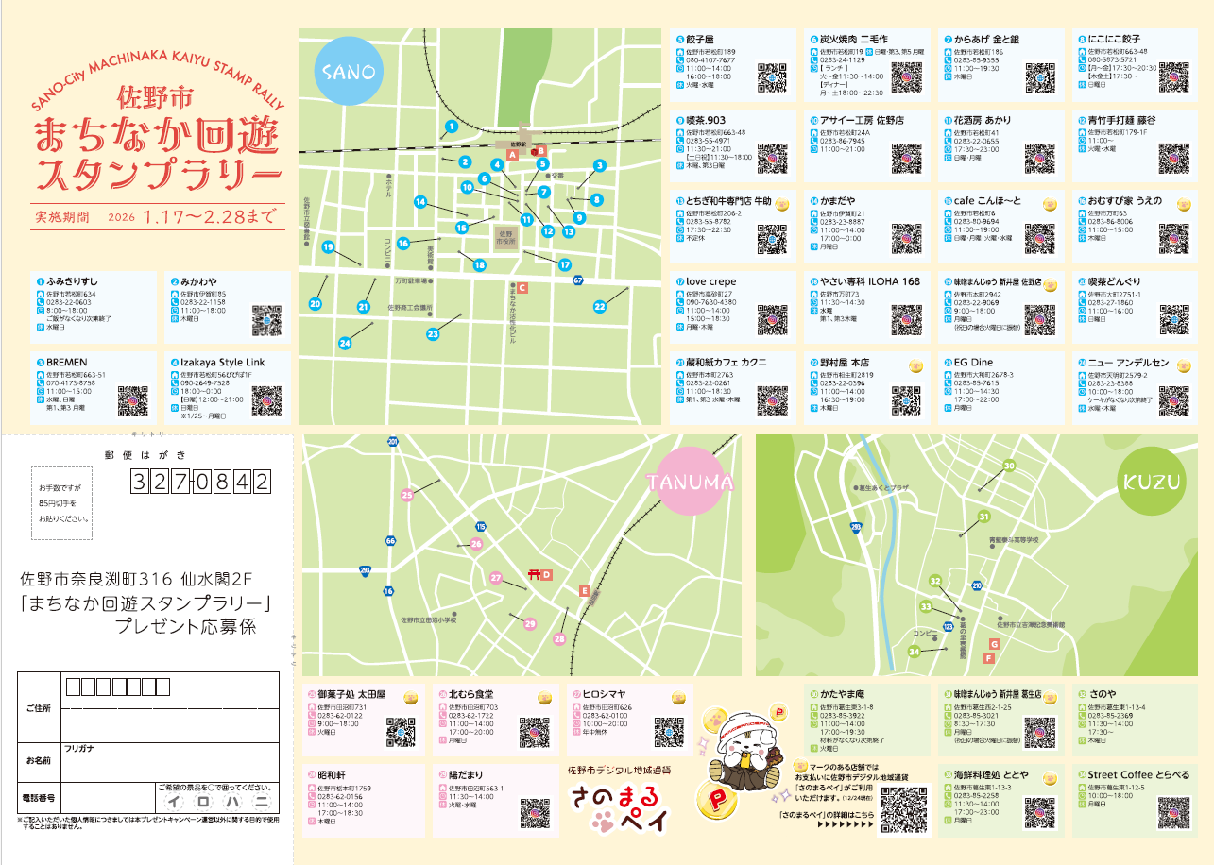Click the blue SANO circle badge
click(350, 72)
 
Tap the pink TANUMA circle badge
click(691, 483)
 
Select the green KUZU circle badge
click(1152, 483)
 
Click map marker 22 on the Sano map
click(600, 306)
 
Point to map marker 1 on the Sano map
click(451, 126)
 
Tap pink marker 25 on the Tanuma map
click(407, 495)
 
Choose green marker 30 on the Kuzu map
click(1009, 466)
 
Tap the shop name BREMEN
click(67, 363)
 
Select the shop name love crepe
click(711, 281)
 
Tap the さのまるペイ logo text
click(618, 810)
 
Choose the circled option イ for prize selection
click(175, 801)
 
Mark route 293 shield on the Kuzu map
click(856, 526)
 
